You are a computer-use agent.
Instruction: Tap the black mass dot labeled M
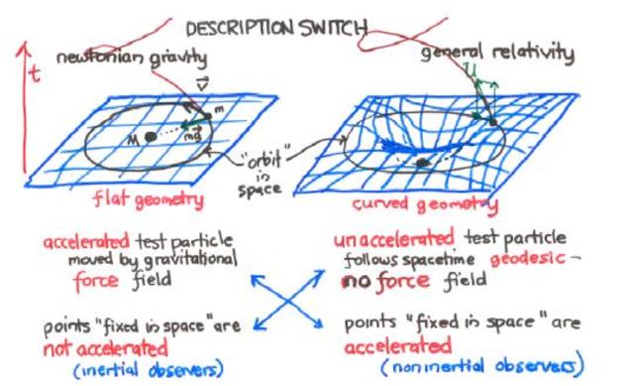click(x=150, y=136)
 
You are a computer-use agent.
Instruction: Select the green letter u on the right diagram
click(x=471, y=71)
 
